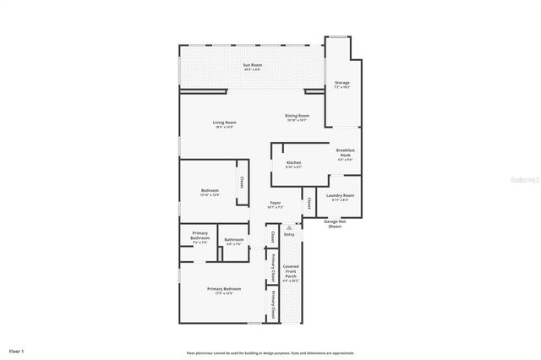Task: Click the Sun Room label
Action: point(252,66)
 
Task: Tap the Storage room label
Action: point(342,84)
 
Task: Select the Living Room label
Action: point(224,123)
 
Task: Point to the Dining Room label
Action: point(297,117)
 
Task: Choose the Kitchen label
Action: point(293,163)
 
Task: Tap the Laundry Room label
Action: point(340,196)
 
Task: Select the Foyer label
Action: point(276,204)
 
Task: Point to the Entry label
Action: point(289,234)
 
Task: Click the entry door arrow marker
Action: point(289,227)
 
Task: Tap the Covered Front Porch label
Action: point(290,271)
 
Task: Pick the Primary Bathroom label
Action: point(199,237)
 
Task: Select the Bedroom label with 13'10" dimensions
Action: point(210,191)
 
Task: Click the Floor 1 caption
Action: point(17,350)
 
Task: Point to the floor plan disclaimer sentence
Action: point(270,352)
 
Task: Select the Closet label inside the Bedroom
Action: point(242,182)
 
